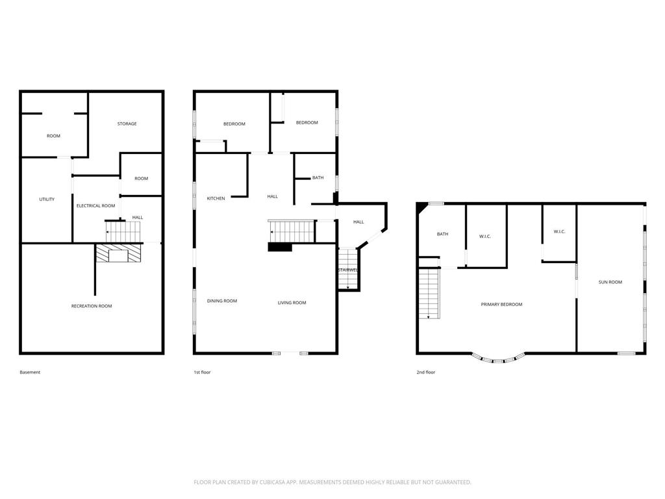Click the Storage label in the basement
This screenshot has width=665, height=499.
[127, 124]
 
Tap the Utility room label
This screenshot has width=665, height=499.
[47, 199]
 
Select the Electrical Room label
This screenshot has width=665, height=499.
[96, 206]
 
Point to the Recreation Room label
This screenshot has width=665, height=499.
[92, 306]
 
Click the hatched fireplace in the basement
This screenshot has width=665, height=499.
[118, 253]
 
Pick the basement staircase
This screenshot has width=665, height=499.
[123, 232]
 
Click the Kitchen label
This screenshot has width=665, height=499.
[216, 199]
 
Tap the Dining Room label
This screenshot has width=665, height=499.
[222, 301]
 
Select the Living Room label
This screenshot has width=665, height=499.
[292, 303]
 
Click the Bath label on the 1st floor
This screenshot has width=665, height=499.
[318, 178]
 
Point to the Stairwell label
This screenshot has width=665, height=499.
[348, 270]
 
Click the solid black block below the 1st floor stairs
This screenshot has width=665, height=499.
[280, 248]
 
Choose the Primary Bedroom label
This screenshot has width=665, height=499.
[501, 304]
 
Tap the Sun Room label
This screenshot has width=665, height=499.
[610, 282]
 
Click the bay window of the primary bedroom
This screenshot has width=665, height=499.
[498, 359]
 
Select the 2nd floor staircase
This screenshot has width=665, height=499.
[429, 294]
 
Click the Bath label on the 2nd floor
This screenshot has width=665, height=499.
[442, 234]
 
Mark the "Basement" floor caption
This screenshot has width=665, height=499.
[30, 372]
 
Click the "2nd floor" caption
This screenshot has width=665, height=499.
[426, 372]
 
